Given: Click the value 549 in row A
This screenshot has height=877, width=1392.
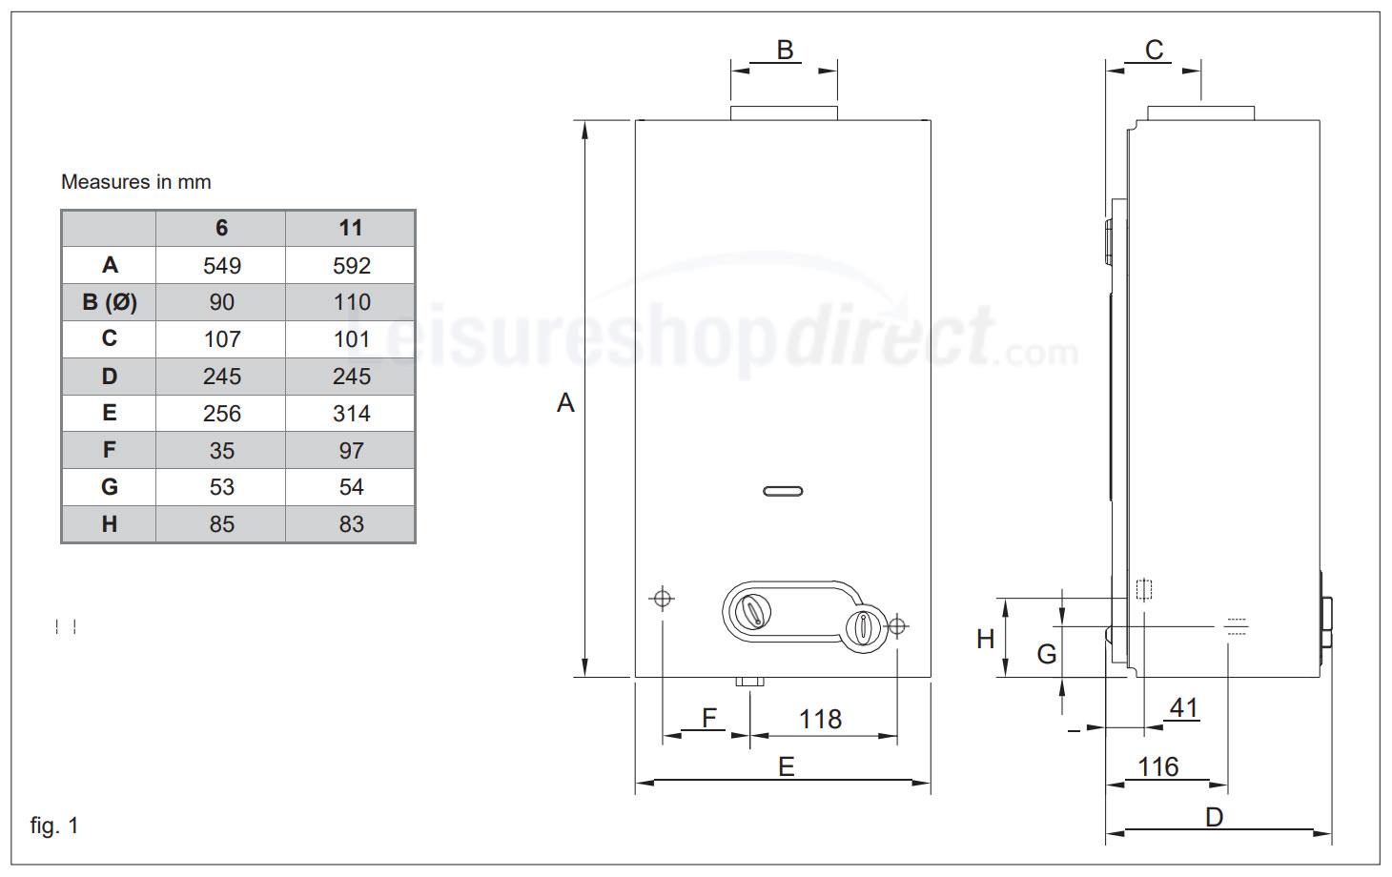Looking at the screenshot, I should coord(221,265).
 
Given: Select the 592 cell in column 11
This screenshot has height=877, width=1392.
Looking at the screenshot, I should coord(351,265).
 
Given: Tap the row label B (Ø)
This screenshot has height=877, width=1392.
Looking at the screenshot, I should coord(109,302).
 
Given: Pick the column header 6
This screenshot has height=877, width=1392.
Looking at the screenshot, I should coord(221,228).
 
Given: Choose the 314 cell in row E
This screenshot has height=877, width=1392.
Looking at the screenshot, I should coord(351,414).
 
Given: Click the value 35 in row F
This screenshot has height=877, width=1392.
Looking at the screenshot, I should coord(221,451).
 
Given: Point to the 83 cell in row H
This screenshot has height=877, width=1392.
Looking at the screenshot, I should coord(351,524).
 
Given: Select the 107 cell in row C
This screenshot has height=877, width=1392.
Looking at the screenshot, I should coord(221,339).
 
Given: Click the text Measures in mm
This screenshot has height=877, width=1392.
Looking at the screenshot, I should coord(135,181).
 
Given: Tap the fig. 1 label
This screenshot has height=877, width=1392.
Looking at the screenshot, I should coord(54,826).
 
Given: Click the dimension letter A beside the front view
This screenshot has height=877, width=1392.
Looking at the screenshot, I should coord(565,403).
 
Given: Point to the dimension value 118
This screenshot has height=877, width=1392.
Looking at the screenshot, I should coord(820,719).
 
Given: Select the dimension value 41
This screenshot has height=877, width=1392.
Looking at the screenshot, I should coord(1183,708).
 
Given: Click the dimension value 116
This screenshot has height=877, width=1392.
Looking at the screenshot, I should coord(1157,766).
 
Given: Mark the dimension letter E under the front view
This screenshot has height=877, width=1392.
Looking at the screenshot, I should coord(786,766).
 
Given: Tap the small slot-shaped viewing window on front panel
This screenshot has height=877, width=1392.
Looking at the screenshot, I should coord(783,492).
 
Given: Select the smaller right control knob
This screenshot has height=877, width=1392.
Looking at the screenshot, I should coord(864,627).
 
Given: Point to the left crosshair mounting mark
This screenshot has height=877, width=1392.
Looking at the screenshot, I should coord(662,599).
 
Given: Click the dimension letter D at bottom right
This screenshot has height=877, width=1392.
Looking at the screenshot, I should coord(1214,817).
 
